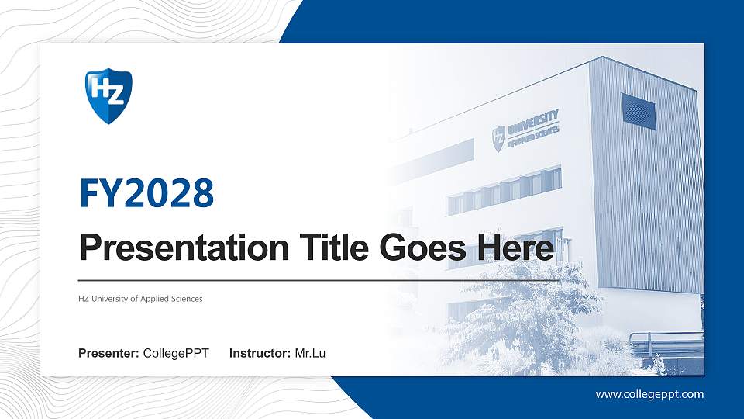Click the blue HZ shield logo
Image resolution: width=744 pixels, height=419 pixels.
[x=108, y=96]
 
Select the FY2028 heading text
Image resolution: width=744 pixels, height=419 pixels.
[x=146, y=192]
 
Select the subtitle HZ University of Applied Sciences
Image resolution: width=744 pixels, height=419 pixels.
[x=140, y=299]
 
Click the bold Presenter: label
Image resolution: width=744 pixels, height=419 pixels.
[x=108, y=354]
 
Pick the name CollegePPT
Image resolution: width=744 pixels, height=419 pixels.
[x=177, y=354]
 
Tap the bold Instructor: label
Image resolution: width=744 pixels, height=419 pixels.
[x=260, y=354]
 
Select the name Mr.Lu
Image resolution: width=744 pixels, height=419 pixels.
[x=310, y=354]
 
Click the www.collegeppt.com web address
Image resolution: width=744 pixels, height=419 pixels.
[x=649, y=394]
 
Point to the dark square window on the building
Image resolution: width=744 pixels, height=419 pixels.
[x=639, y=111]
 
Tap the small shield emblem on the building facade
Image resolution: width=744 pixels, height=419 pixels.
[x=498, y=138]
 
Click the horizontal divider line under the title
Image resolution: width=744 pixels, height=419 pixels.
[x=318, y=280]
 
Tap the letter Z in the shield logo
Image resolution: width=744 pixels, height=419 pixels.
[x=115, y=92]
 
